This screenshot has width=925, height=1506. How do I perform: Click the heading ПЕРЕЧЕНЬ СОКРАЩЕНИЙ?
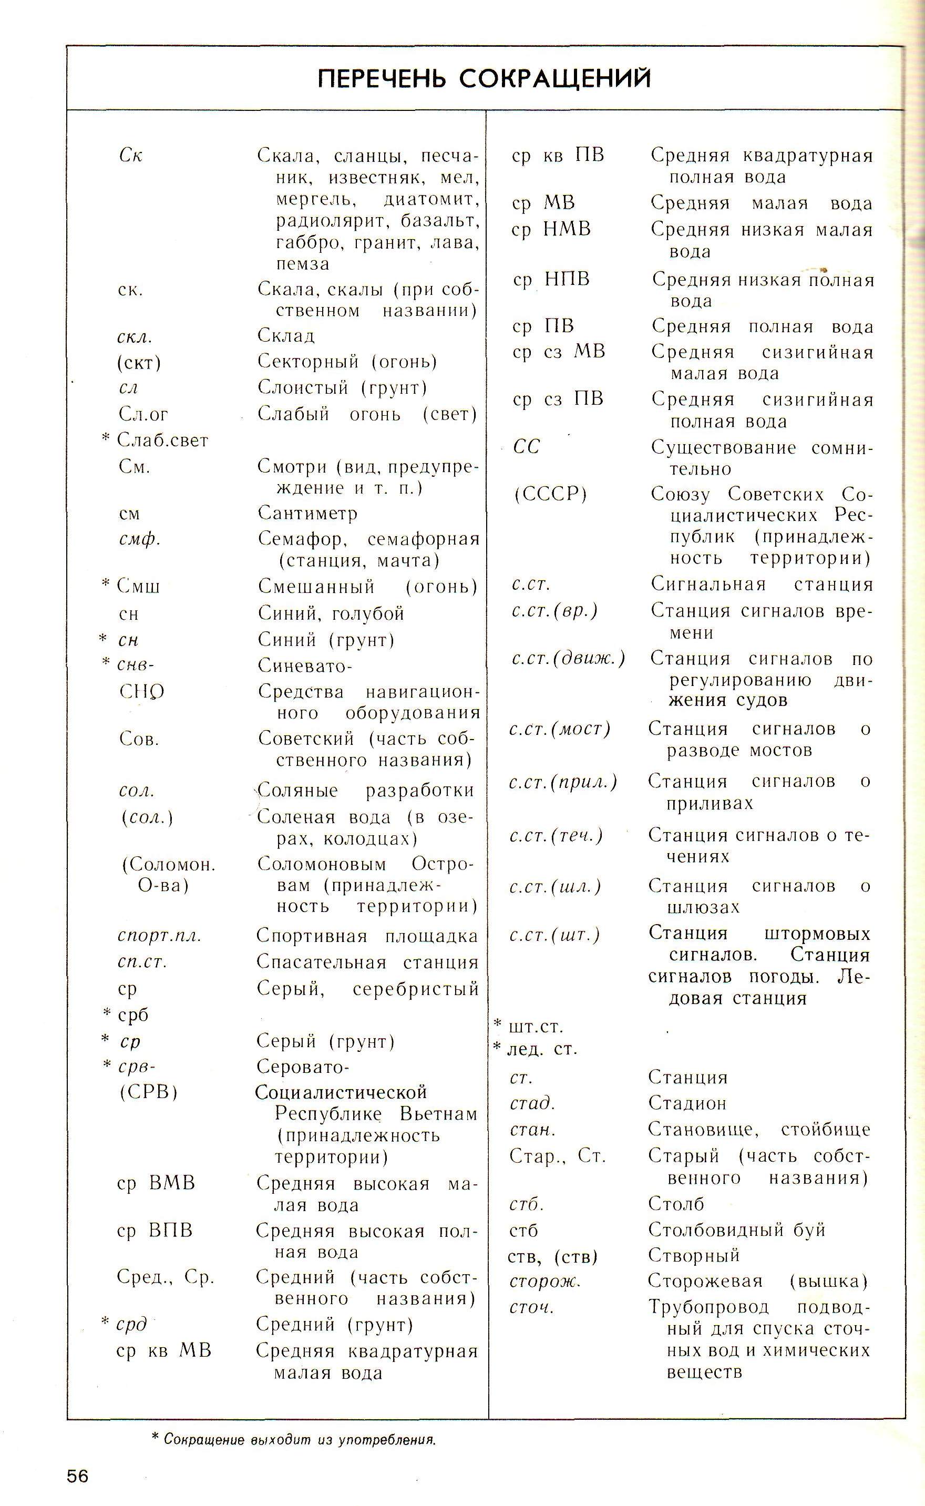[x=484, y=79]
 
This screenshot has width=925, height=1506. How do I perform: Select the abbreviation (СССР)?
[x=550, y=494]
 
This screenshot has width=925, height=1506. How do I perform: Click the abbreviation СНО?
[x=141, y=692]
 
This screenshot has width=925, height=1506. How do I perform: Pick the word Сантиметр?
[x=307, y=513]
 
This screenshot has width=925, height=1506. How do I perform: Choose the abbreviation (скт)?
[x=139, y=363]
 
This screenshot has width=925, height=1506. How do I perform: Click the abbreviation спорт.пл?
[x=159, y=936]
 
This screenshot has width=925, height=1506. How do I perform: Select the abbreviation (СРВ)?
[x=149, y=1092]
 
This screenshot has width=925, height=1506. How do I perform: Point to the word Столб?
[x=676, y=1203]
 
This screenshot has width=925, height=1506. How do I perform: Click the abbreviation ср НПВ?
[x=551, y=280]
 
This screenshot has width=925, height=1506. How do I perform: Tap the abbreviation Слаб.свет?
[x=163, y=440]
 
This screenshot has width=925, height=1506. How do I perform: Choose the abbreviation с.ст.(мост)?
[x=560, y=729]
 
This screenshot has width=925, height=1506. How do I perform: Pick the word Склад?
[x=286, y=335]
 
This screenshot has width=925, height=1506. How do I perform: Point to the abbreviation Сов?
[x=139, y=739]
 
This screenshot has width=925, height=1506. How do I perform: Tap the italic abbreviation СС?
[x=526, y=447]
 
